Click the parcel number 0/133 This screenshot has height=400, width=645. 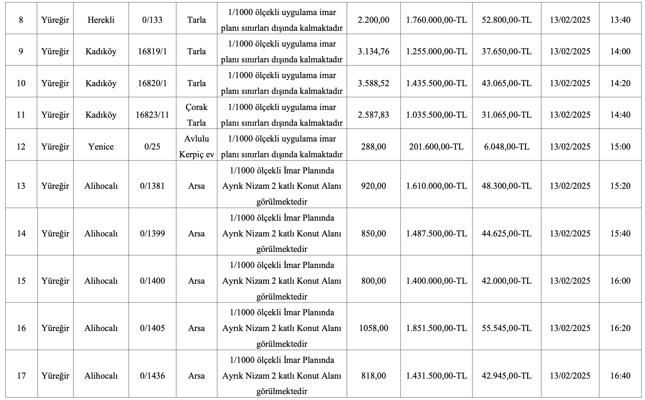(x=152, y=20)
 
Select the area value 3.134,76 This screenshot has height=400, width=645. (x=373, y=51)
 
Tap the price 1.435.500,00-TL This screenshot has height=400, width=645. (x=436, y=83)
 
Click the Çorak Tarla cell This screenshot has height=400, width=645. (x=196, y=115)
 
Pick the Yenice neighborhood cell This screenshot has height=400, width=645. (x=101, y=147)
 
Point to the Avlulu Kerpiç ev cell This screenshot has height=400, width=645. (x=196, y=147)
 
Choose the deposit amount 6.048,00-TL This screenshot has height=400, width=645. (x=507, y=147)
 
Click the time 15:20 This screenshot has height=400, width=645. (x=620, y=186)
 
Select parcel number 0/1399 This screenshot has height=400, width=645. (x=152, y=234)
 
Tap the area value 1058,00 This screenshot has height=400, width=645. (x=373, y=328)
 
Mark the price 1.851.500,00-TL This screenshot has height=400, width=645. (x=436, y=328)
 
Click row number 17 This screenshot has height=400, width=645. (x=21, y=376)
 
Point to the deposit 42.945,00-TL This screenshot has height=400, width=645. (x=507, y=376)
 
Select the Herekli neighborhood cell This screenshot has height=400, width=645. (x=101, y=20)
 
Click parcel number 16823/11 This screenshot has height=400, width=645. (x=152, y=115)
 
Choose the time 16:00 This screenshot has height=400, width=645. (x=620, y=281)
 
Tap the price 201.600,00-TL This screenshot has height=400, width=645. (x=436, y=147)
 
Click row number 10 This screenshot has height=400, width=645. (x=21, y=83)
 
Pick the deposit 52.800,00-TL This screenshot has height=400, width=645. (x=507, y=20)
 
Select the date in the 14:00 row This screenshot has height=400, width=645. (x=570, y=51)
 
